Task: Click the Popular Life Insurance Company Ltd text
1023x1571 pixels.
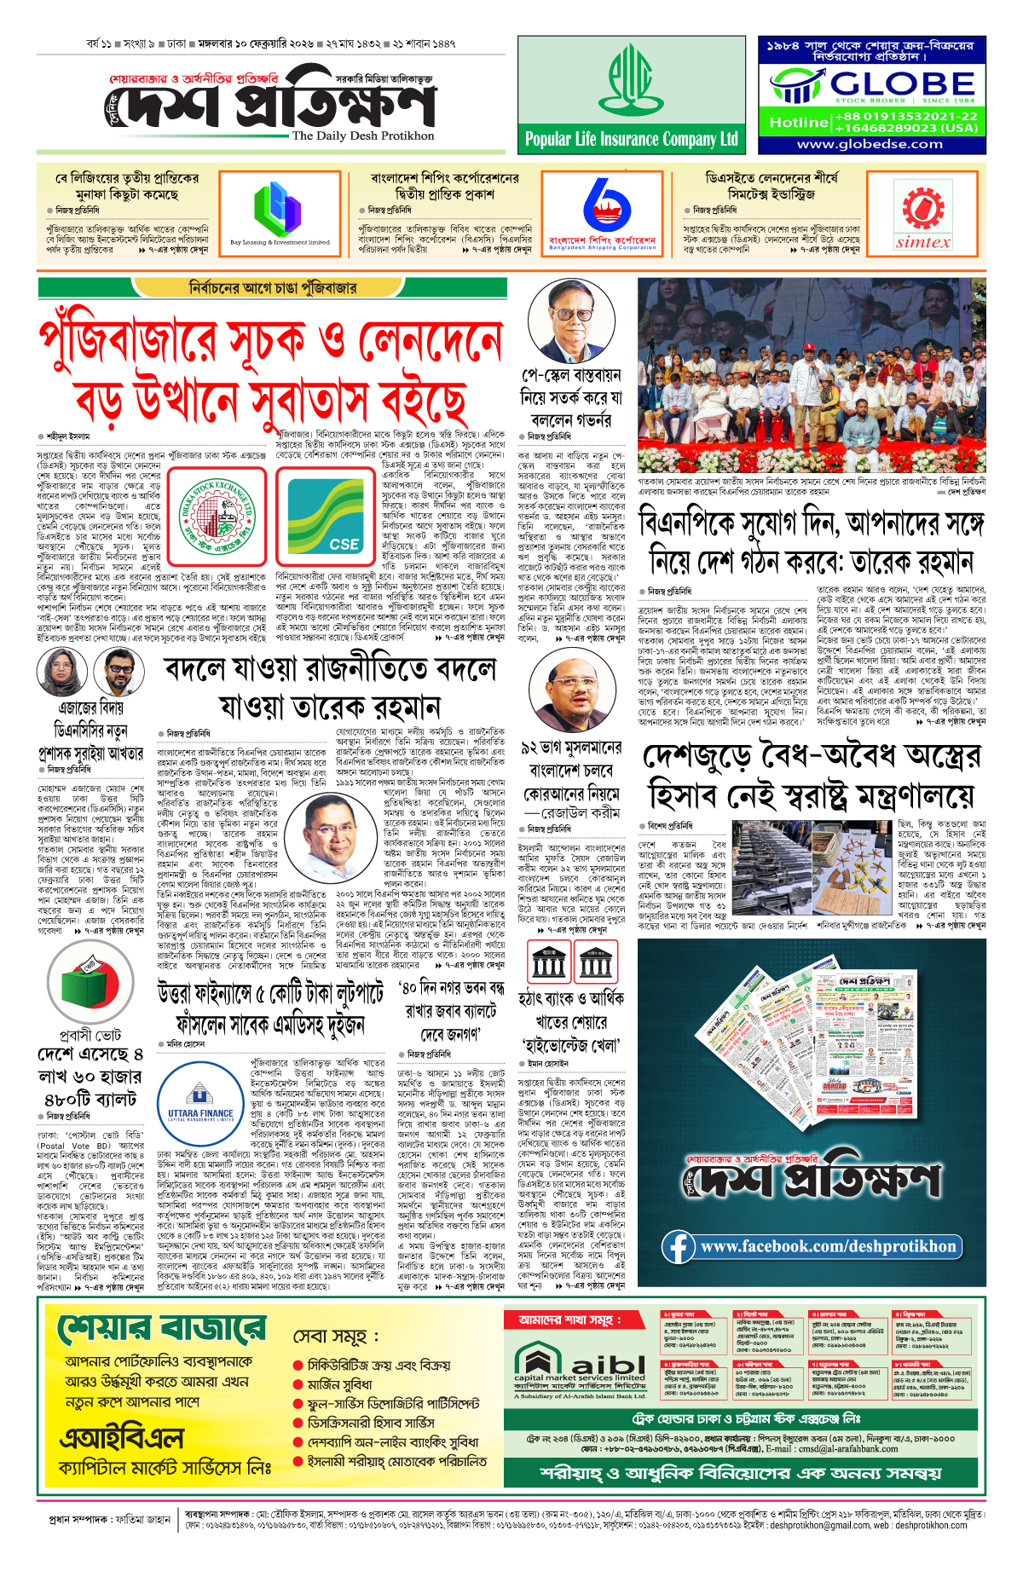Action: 631,139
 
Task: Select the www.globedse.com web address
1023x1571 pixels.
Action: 870,144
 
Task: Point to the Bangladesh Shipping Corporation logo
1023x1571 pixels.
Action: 603,213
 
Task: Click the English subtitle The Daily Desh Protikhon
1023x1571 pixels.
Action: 363,136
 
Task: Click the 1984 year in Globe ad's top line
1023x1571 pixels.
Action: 783,45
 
